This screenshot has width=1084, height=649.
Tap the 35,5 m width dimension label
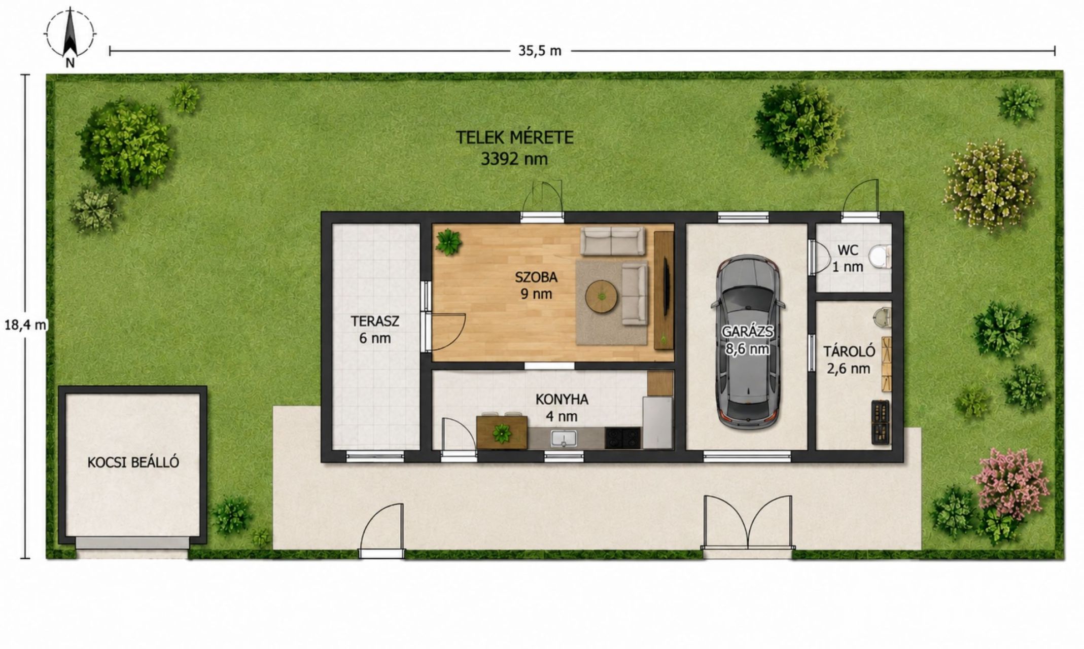tap(540, 51)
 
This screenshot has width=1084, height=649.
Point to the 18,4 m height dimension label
tap(25, 325)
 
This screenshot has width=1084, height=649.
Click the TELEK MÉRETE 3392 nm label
tap(514, 148)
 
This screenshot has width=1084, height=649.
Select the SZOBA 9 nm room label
tap(536, 285)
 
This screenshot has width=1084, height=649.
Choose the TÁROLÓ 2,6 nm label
tap(849, 359)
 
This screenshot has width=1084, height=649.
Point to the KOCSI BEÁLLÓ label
tap(133, 462)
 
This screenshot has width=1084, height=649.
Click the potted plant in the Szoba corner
tap(449, 241)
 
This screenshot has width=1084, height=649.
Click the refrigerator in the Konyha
tap(657, 422)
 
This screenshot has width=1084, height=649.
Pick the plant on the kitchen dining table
tap(502, 434)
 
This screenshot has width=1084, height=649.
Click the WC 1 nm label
tap(847, 258)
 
